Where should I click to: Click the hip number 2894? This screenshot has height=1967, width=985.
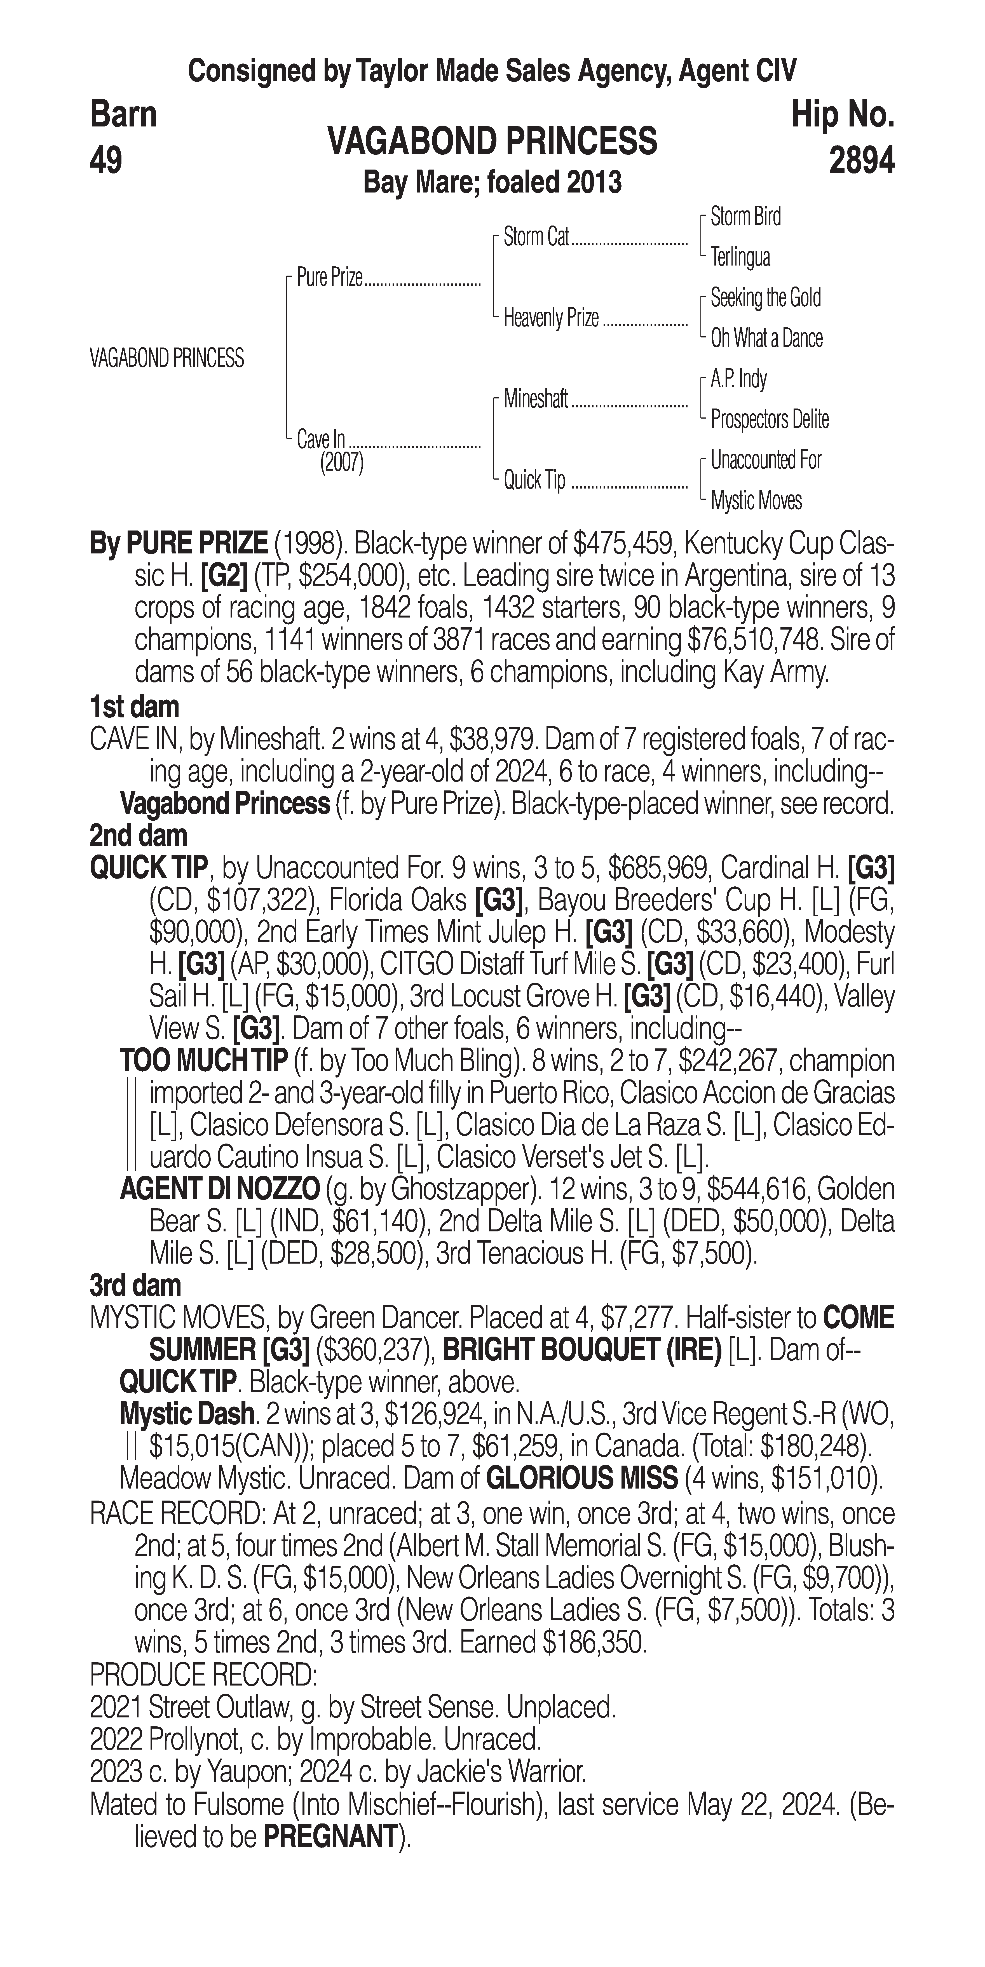pyautogui.click(x=861, y=160)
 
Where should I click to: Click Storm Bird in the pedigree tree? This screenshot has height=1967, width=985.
pyautogui.click(x=745, y=217)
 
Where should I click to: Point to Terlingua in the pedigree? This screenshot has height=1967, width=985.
pyautogui.click(x=740, y=257)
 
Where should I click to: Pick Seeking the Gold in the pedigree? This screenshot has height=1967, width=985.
pyautogui.click(x=765, y=298)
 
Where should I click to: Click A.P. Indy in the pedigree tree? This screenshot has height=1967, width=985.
pyautogui.click(x=738, y=379)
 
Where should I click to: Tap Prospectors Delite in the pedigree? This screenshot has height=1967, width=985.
pyautogui.click(x=769, y=419)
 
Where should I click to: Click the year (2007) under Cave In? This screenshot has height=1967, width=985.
pyautogui.click(x=341, y=464)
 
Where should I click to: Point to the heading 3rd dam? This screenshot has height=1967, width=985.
pyautogui.click(x=135, y=1285)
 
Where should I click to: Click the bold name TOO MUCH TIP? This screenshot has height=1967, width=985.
pyautogui.click(x=203, y=1061)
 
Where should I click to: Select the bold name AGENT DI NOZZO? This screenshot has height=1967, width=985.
pyautogui.click(x=219, y=1189)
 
